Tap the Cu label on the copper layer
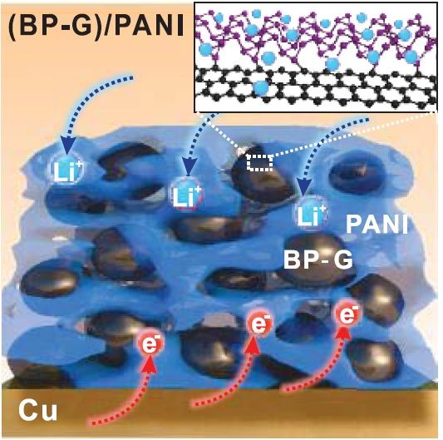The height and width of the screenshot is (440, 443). point(38,411)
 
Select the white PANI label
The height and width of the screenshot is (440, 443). point(377,225)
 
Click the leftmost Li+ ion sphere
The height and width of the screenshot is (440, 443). point(66,169)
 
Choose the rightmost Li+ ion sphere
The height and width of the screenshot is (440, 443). point(311,214)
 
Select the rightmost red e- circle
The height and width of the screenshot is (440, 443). point(347,314)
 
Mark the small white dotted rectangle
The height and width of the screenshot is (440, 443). point(259,162)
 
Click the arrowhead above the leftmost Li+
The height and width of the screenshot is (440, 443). point(68,145)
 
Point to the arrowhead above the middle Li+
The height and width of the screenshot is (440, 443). point(188,169)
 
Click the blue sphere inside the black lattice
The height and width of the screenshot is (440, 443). point(260,87)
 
